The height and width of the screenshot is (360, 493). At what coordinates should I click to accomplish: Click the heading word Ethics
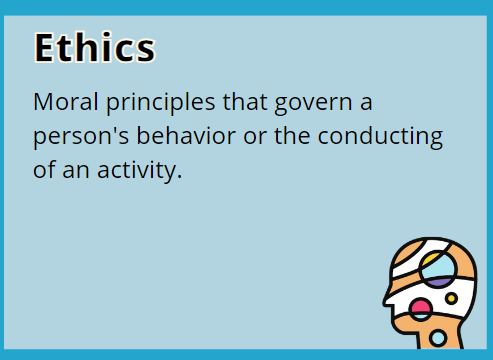[x=94, y=47]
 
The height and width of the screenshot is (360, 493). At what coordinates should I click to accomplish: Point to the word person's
[x=75, y=136]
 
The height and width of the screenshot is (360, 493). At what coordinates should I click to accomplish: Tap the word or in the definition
[x=250, y=136]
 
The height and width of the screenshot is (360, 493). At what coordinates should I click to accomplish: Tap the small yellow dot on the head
[x=452, y=298]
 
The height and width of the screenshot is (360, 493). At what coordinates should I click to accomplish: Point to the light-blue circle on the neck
[x=438, y=338]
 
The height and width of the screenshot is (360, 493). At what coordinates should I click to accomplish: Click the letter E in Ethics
[x=45, y=47]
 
